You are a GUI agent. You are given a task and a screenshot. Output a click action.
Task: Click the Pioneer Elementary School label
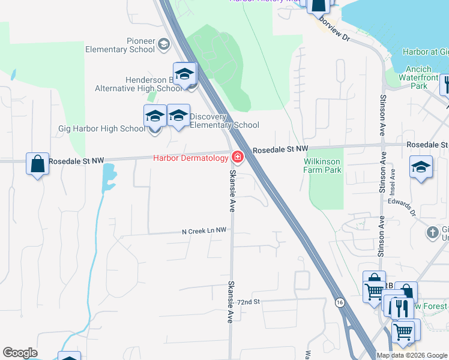[120, 45]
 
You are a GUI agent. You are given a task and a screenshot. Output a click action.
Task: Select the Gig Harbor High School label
[101, 128]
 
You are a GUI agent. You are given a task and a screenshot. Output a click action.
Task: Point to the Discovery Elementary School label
[224, 121]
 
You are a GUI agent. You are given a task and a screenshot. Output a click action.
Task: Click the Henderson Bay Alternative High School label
[138, 84]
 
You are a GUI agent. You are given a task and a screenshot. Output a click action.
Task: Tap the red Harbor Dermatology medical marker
[238, 158]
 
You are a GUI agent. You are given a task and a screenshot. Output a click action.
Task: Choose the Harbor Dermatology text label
[190, 158]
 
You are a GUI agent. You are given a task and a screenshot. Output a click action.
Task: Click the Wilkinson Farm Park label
[322, 166]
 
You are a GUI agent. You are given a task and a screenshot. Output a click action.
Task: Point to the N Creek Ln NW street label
[205, 230]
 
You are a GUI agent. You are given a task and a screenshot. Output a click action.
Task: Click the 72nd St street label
[247, 302]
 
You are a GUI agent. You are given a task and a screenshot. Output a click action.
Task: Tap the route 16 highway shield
[340, 302]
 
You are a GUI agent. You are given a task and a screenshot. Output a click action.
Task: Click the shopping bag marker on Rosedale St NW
[37, 164]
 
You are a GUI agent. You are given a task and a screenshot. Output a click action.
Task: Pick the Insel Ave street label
[393, 180]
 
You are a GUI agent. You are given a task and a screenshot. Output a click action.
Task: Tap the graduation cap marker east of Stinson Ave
[421, 167]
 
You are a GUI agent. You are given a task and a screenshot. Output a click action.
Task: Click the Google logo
[20, 353]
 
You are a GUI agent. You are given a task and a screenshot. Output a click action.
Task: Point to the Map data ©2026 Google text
[412, 355]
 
